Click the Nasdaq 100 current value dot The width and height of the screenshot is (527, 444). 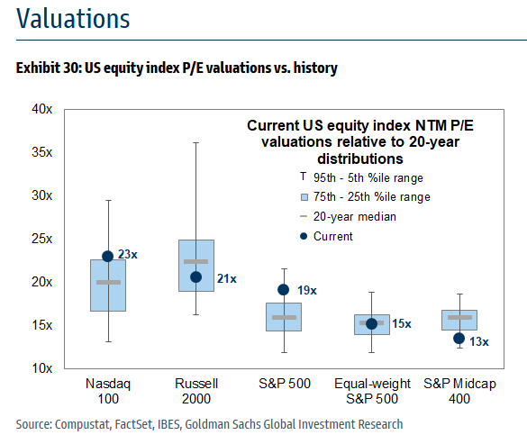[108, 256]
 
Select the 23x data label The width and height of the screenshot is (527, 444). [128, 255]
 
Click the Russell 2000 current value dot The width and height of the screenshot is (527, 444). [196, 276]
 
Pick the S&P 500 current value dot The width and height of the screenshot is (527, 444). [284, 290]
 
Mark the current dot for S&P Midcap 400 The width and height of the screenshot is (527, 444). [459, 339]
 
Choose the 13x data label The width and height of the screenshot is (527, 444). [479, 340]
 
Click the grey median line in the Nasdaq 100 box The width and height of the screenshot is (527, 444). [108, 282]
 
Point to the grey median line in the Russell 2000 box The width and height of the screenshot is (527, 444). [196, 261]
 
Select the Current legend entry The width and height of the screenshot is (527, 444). [332, 236]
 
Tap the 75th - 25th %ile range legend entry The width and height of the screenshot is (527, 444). [369, 196]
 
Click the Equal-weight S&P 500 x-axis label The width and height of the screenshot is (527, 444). [371, 391]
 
